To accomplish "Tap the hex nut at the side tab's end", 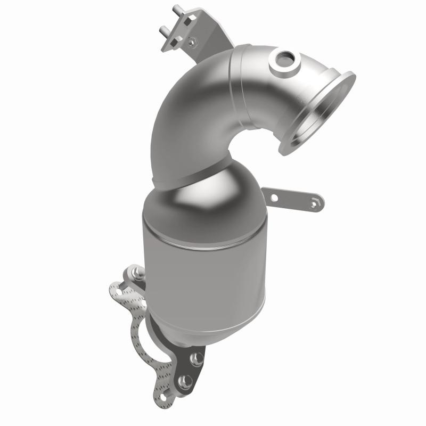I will tap(317, 202).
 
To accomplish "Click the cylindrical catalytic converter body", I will tap(202, 266).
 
